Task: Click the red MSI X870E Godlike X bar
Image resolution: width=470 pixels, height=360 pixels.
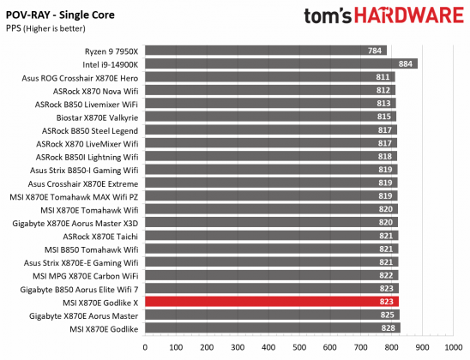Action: click(x=270, y=302)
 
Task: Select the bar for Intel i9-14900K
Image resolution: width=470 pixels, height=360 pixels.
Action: click(x=280, y=63)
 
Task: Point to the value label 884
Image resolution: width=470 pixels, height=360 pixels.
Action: click(x=406, y=63)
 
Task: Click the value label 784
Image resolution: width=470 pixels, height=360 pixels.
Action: click(x=375, y=50)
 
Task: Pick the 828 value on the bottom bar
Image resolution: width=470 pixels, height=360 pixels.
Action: click(x=389, y=328)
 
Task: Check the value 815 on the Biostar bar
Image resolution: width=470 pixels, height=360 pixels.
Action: click(x=384, y=117)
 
